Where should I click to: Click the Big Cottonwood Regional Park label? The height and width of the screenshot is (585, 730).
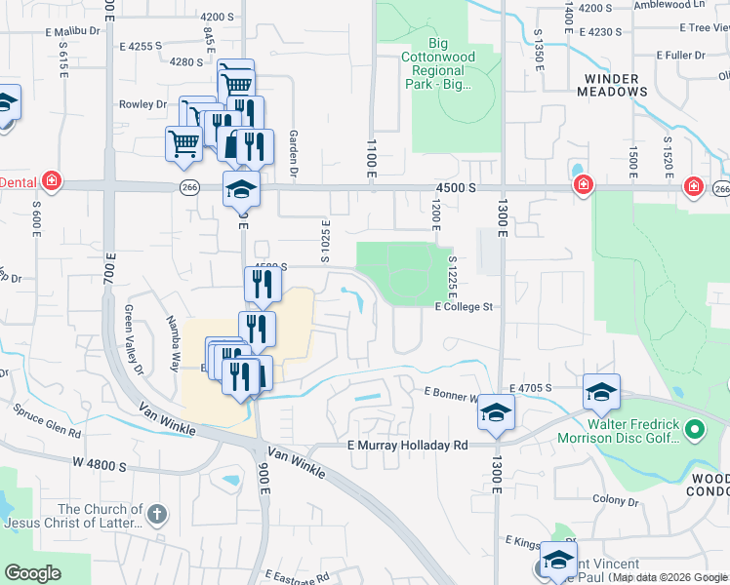[444, 63]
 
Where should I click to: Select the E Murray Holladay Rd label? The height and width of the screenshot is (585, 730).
[408, 445]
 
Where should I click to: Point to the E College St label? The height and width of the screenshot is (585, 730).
[466, 306]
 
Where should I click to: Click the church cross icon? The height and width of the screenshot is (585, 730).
[157, 514]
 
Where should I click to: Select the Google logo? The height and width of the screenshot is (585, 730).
[32, 572]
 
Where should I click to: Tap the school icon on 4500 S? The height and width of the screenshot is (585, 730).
[242, 187]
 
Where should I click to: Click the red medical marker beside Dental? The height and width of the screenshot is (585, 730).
[51, 182]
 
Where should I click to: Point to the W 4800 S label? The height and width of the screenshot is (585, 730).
[97, 466]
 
